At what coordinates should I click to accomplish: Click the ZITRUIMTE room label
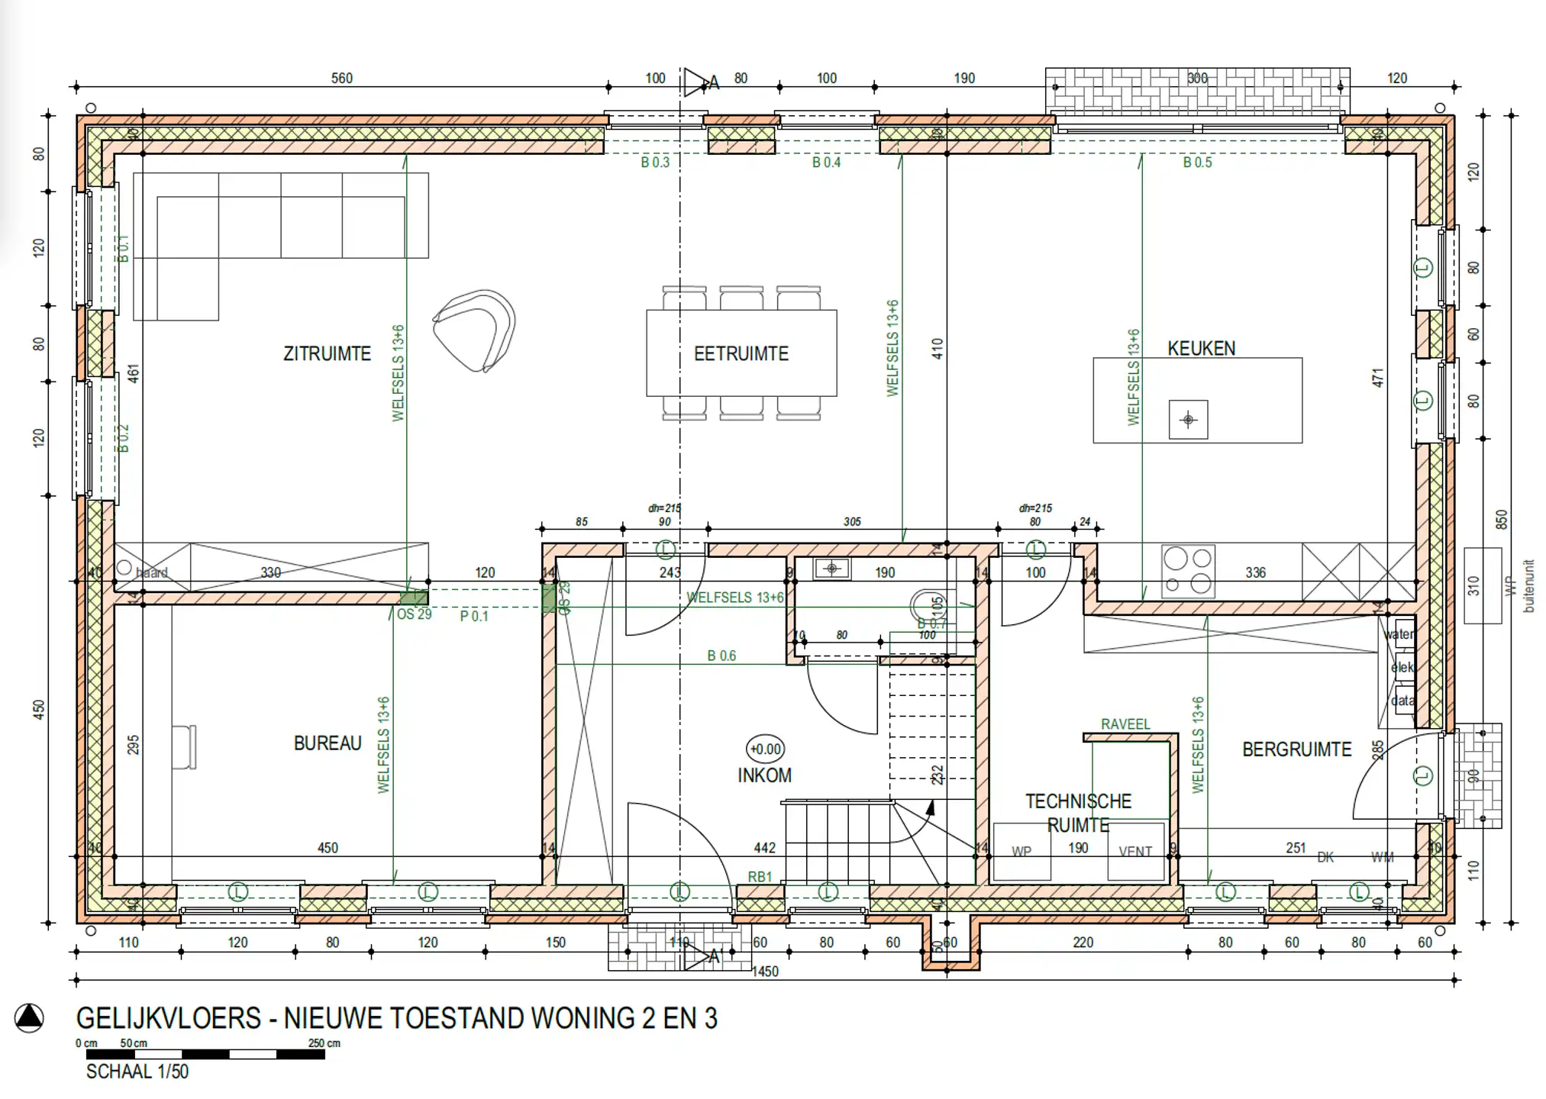coord(327,353)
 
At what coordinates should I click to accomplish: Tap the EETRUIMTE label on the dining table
coord(741,353)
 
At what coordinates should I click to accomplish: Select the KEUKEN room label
coord(1201,348)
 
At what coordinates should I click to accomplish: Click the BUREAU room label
coord(328,743)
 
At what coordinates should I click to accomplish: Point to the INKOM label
coord(764,775)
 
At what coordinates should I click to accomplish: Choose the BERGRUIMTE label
coord(1296,749)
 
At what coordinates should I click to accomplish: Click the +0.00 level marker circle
coord(765,749)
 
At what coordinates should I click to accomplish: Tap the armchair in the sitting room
coord(473,330)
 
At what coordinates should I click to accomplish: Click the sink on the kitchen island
coord(1188,420)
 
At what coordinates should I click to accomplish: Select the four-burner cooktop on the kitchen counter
coord(1188,571)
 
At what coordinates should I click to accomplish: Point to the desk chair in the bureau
coord(185,746)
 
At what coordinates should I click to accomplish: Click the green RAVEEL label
coord(1125,724)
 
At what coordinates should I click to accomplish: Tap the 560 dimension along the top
coord(341,78)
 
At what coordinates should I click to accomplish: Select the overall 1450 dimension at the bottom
coord(765,972)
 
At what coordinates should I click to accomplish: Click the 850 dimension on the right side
coord(1501,520)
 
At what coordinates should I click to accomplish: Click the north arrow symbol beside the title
coord(29,1018)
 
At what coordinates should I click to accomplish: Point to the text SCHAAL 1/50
coord(137,1072)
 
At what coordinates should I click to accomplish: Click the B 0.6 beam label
coord(721,656)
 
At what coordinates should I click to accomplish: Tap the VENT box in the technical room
coord(1135,851)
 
